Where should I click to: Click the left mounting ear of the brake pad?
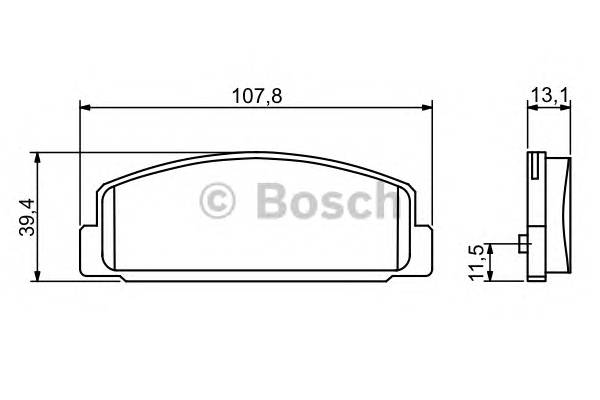[x=87, y=246]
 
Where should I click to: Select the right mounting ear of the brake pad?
[x=423, y=246]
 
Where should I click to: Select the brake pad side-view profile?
[x=550, y=215]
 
